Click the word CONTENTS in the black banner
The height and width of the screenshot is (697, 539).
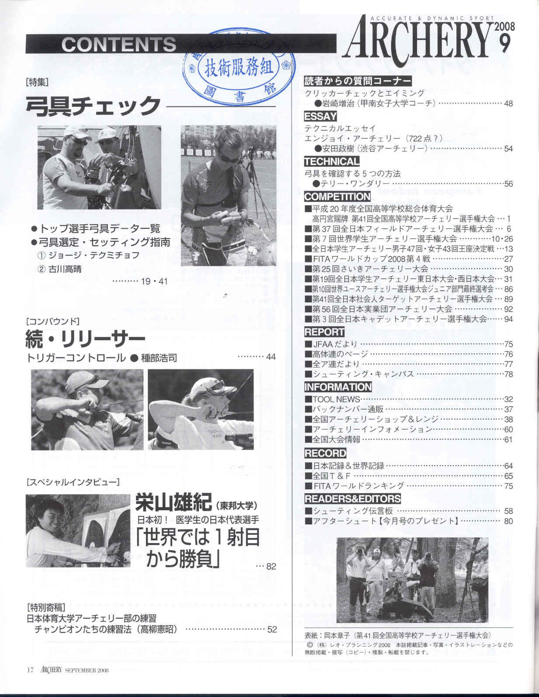(118, 44)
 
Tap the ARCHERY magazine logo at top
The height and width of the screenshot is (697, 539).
(417, 40)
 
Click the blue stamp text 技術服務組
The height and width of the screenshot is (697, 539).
(239, 67)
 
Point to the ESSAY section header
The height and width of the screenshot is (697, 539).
(320, 116)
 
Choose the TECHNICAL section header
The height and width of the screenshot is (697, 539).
(331, 161)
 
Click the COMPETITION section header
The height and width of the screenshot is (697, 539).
(337, 196)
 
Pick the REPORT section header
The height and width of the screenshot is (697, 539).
(324, 331)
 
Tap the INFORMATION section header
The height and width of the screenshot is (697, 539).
(337, 387)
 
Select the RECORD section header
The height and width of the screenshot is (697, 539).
(325, 453)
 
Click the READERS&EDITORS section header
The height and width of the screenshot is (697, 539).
(352, 499)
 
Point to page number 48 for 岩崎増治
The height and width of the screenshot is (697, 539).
(508, 103)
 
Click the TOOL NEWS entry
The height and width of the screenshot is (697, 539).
(336, 399)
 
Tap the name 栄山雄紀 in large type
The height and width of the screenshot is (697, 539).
(174, 502)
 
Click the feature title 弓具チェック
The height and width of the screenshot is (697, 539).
(93, 105)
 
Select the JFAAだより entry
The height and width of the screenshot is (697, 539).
(335, 344)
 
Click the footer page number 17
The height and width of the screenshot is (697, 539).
(30, 670)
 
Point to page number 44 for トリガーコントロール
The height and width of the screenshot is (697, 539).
(271, 357)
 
